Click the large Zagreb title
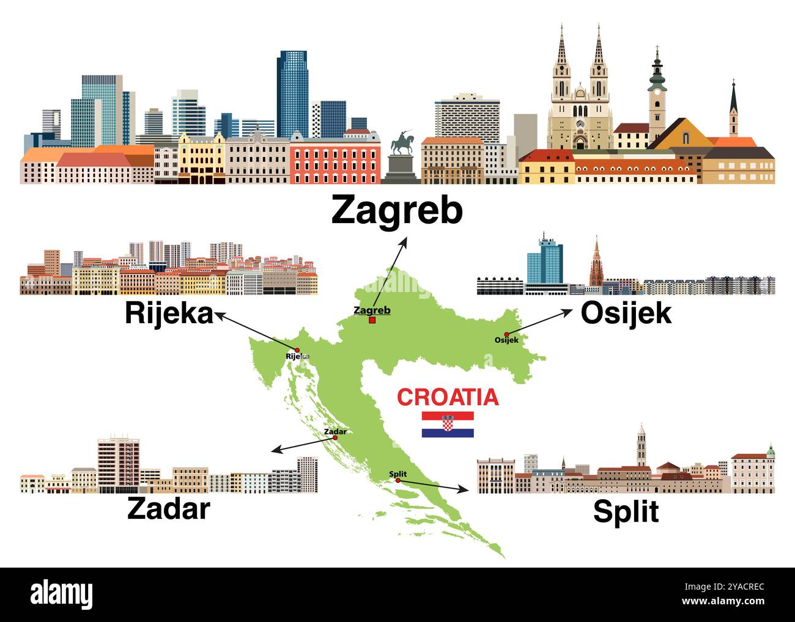397,211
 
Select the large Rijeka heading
169,313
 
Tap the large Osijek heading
626,313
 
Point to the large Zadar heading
168,508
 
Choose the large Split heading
626,511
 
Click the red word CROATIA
448,397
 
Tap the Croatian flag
448,424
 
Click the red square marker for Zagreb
372,320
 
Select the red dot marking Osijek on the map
506,334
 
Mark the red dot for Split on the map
398,481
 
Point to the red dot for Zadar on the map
335,438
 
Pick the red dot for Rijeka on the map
298,350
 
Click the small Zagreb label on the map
372,310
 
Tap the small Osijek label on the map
506,340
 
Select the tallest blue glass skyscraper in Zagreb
292,95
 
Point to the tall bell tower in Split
641,445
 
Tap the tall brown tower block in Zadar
119,464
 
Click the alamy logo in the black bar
61,594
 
